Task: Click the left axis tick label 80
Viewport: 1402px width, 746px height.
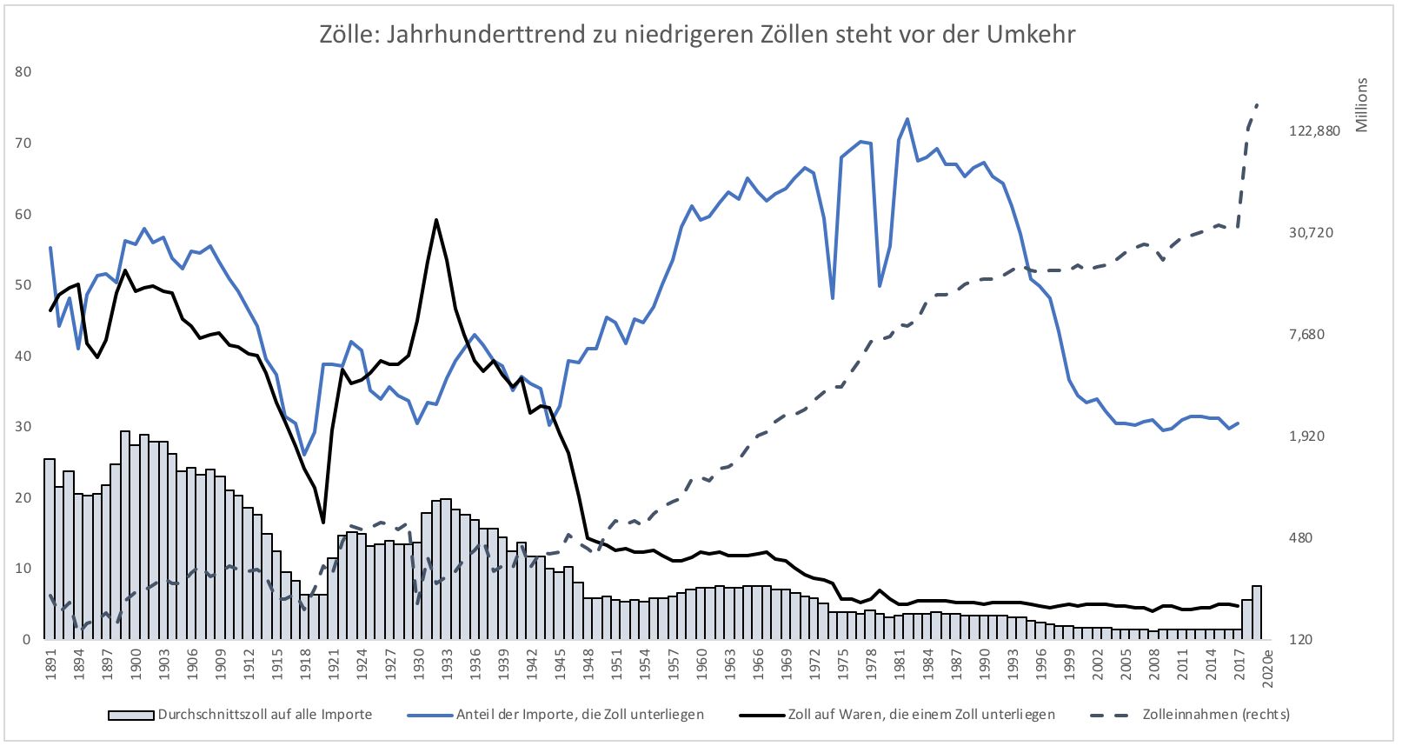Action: (23, 72)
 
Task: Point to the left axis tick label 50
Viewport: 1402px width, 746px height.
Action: (23, 285)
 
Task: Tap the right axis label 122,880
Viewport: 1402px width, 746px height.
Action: (1314, 130)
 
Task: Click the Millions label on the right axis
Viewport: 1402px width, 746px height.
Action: (1361, 105)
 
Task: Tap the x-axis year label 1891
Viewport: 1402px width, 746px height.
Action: (50, 663)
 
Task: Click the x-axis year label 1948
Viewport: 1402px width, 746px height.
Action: (588, 663)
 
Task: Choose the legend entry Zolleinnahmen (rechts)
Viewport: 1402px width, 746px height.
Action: (1215, 715)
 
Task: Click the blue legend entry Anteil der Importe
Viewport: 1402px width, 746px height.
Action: (580, 715)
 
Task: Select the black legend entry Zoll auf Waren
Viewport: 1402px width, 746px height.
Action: (921, 715)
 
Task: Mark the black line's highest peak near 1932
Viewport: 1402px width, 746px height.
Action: (436, 220)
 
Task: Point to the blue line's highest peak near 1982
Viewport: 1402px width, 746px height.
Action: (907, 119)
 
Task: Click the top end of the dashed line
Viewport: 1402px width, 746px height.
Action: (1257, 103)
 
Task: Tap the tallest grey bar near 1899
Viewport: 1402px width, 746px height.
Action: (125, 432)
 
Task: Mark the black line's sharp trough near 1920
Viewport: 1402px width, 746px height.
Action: (323, 522)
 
